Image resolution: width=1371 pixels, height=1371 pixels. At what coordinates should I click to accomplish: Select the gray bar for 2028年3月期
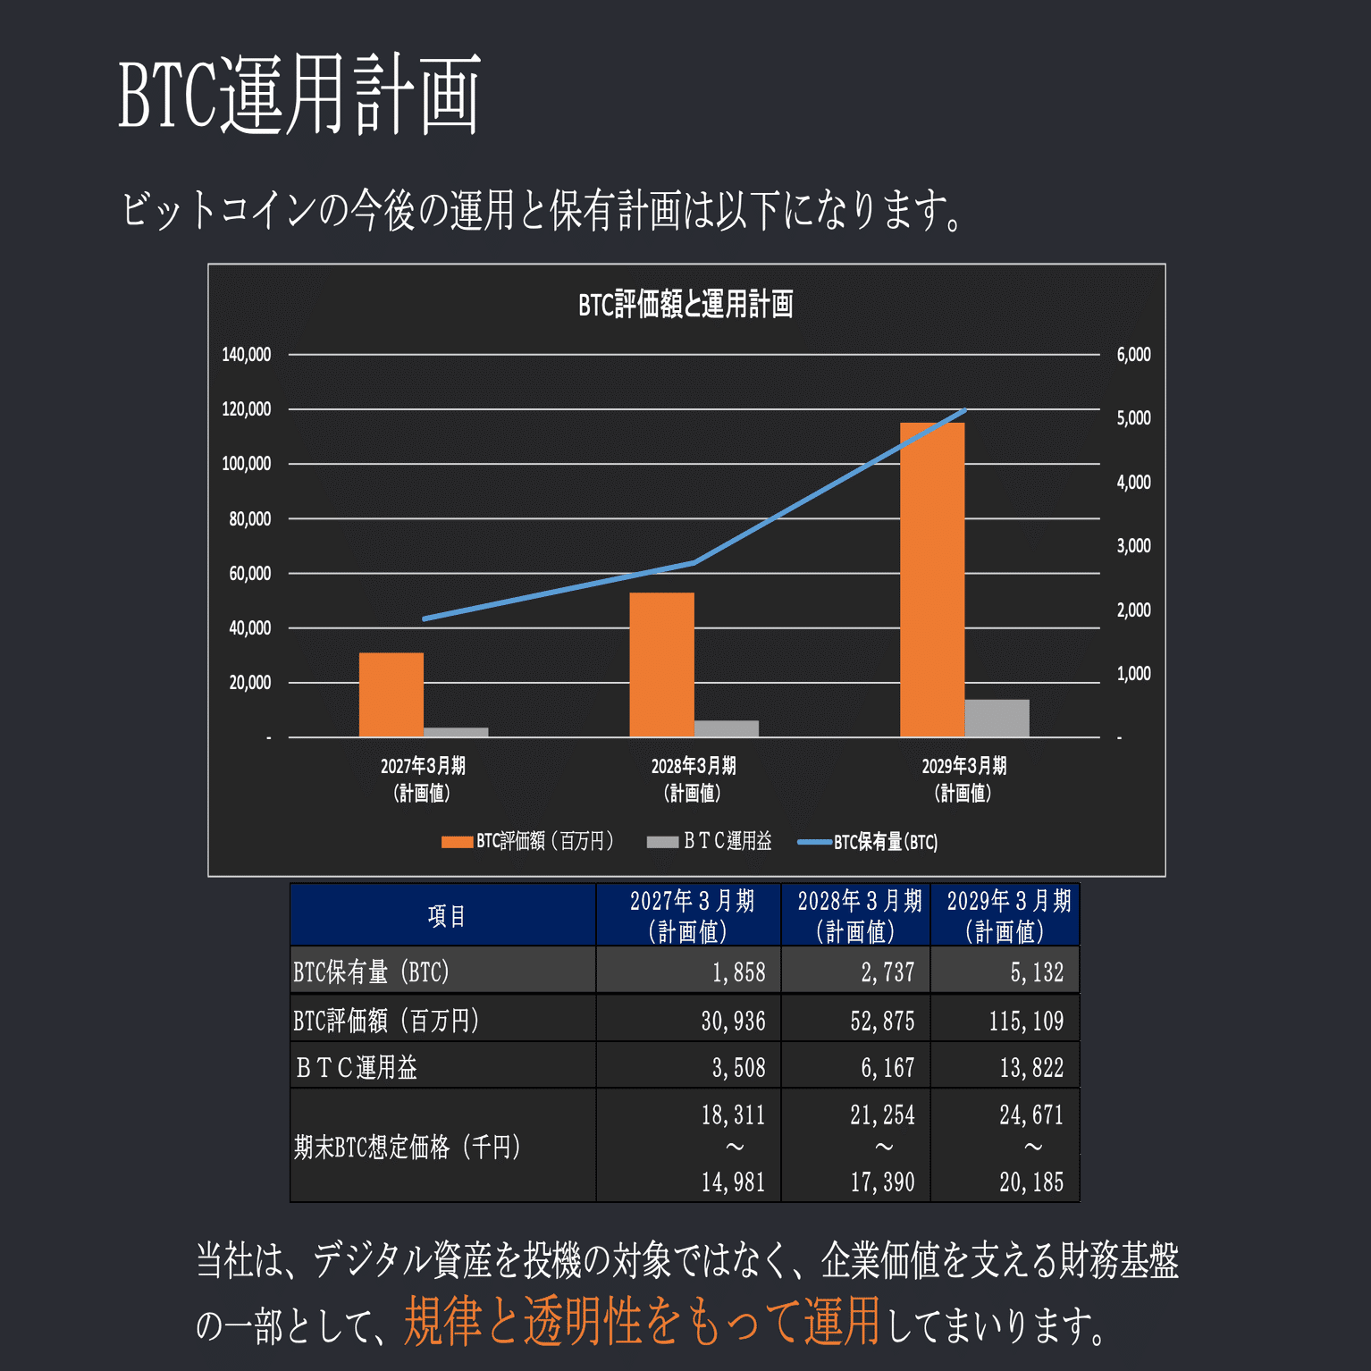coord(726,728)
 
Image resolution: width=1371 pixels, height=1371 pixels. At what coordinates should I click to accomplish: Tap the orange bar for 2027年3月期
coord(391,694)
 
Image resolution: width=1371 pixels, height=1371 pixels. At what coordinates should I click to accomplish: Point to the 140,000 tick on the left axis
coord(247,355)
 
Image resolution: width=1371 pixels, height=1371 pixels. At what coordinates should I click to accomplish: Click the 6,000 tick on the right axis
coord(1133,355)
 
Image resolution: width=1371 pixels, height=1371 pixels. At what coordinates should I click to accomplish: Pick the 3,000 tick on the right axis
coord(1133,546)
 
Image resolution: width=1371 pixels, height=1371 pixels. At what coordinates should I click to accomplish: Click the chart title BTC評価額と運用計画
coord(685,305)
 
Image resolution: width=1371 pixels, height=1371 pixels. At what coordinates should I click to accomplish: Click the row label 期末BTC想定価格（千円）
coord(407,1147)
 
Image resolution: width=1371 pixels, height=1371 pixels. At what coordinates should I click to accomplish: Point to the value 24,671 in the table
coord(1031,1114)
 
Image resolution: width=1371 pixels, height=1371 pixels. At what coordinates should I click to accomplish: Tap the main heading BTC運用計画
coord(299,94)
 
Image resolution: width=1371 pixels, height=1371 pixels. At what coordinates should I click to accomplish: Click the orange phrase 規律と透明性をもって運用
coord(642,1322)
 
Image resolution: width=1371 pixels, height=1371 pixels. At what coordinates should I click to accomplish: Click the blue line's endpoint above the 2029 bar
coord(965,410)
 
